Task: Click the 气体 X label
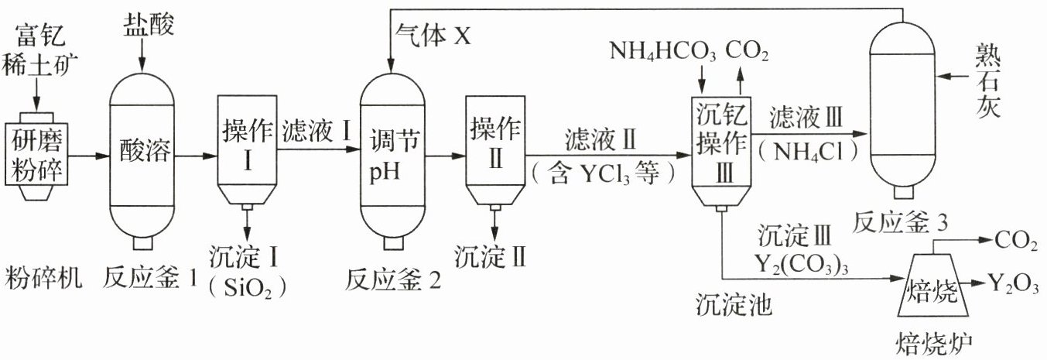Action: (x=433, y=35)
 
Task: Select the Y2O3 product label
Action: (x=1014, y=284)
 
